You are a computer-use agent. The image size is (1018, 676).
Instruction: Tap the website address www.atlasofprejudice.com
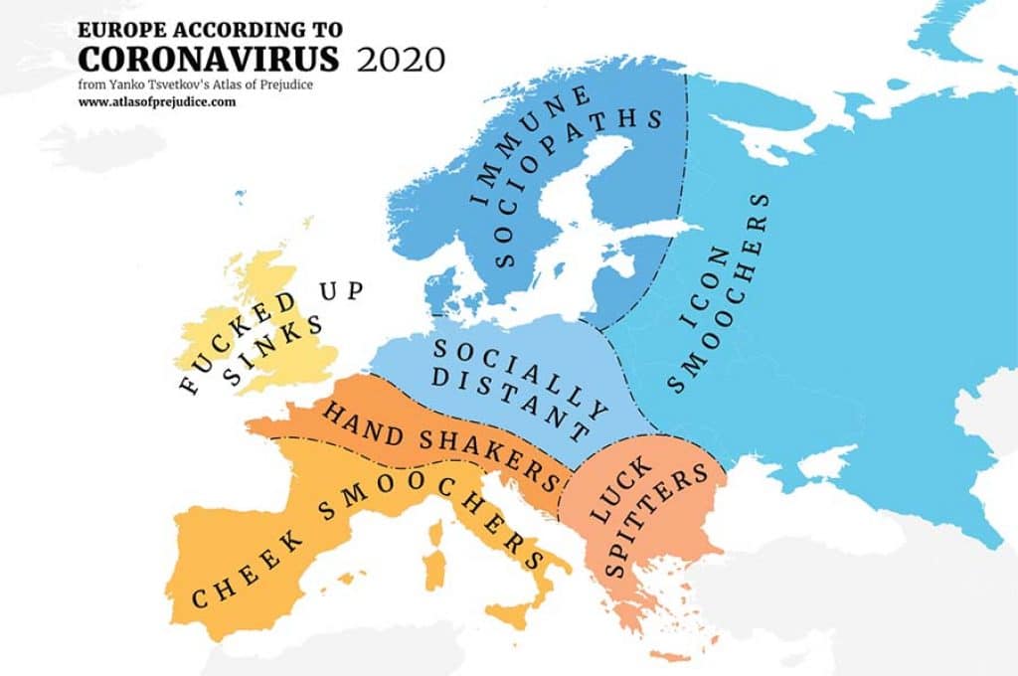coord(157,101)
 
